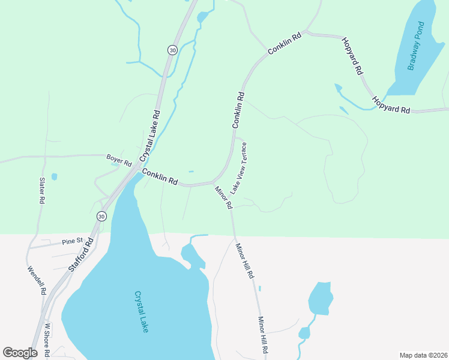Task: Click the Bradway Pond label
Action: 416,46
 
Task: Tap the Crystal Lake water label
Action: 141,312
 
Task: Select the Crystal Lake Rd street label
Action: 150,136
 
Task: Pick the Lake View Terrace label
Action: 240,167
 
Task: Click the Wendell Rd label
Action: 37,280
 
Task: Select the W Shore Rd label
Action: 47,340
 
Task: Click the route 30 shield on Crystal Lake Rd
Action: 173,50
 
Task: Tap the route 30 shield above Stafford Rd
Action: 101,216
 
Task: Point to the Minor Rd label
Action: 224,197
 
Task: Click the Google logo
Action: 20,352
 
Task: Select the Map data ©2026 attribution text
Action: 423,355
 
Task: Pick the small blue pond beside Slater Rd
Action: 54,176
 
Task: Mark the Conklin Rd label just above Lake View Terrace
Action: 238,110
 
